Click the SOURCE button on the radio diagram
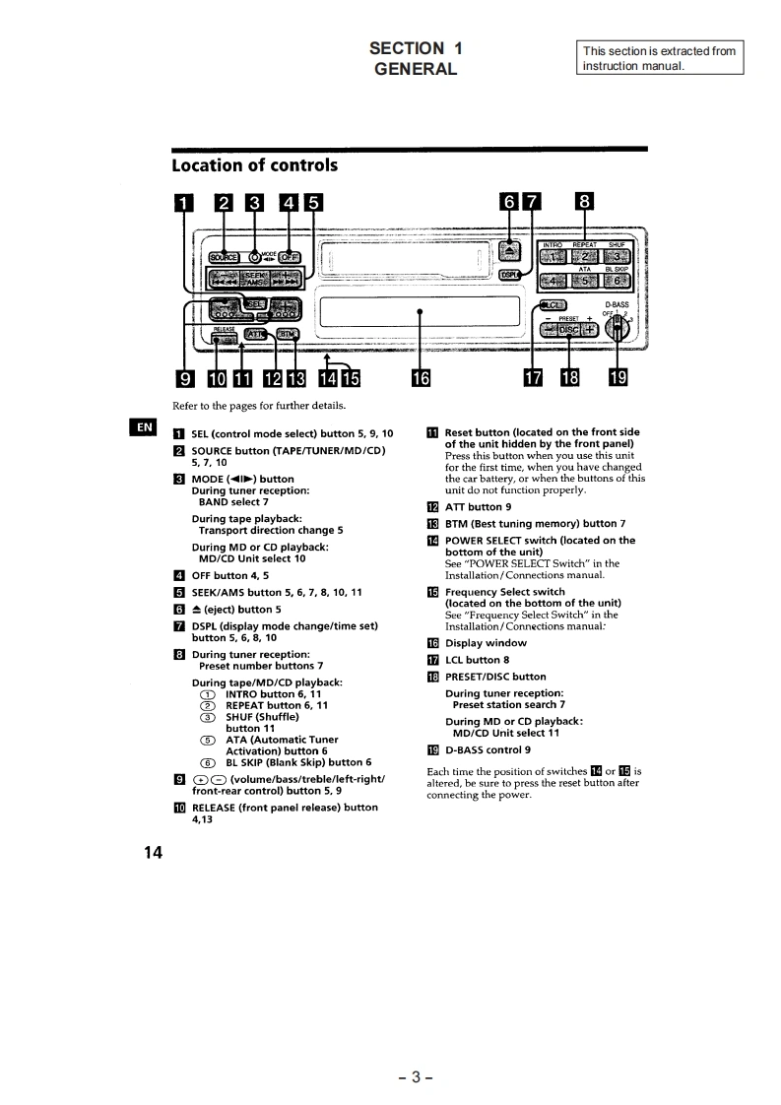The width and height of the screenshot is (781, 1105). [223, 257]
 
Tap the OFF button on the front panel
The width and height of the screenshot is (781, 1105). [291, 257]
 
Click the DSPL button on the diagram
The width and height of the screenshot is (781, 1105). [509, 275]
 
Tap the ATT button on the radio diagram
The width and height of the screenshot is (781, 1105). [255, 334]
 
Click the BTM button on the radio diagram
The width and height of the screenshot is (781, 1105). [287, 334]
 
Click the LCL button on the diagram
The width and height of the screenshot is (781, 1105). [552, 305]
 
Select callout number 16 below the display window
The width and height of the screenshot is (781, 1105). [421, 377]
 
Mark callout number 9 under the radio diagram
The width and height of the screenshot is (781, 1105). [182, 377]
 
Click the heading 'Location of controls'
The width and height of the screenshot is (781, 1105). [254, 164]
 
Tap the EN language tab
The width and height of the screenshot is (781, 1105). [144, 426]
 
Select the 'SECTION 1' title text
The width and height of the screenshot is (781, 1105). [416, 48]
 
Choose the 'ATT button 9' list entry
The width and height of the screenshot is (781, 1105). [478, 507]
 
